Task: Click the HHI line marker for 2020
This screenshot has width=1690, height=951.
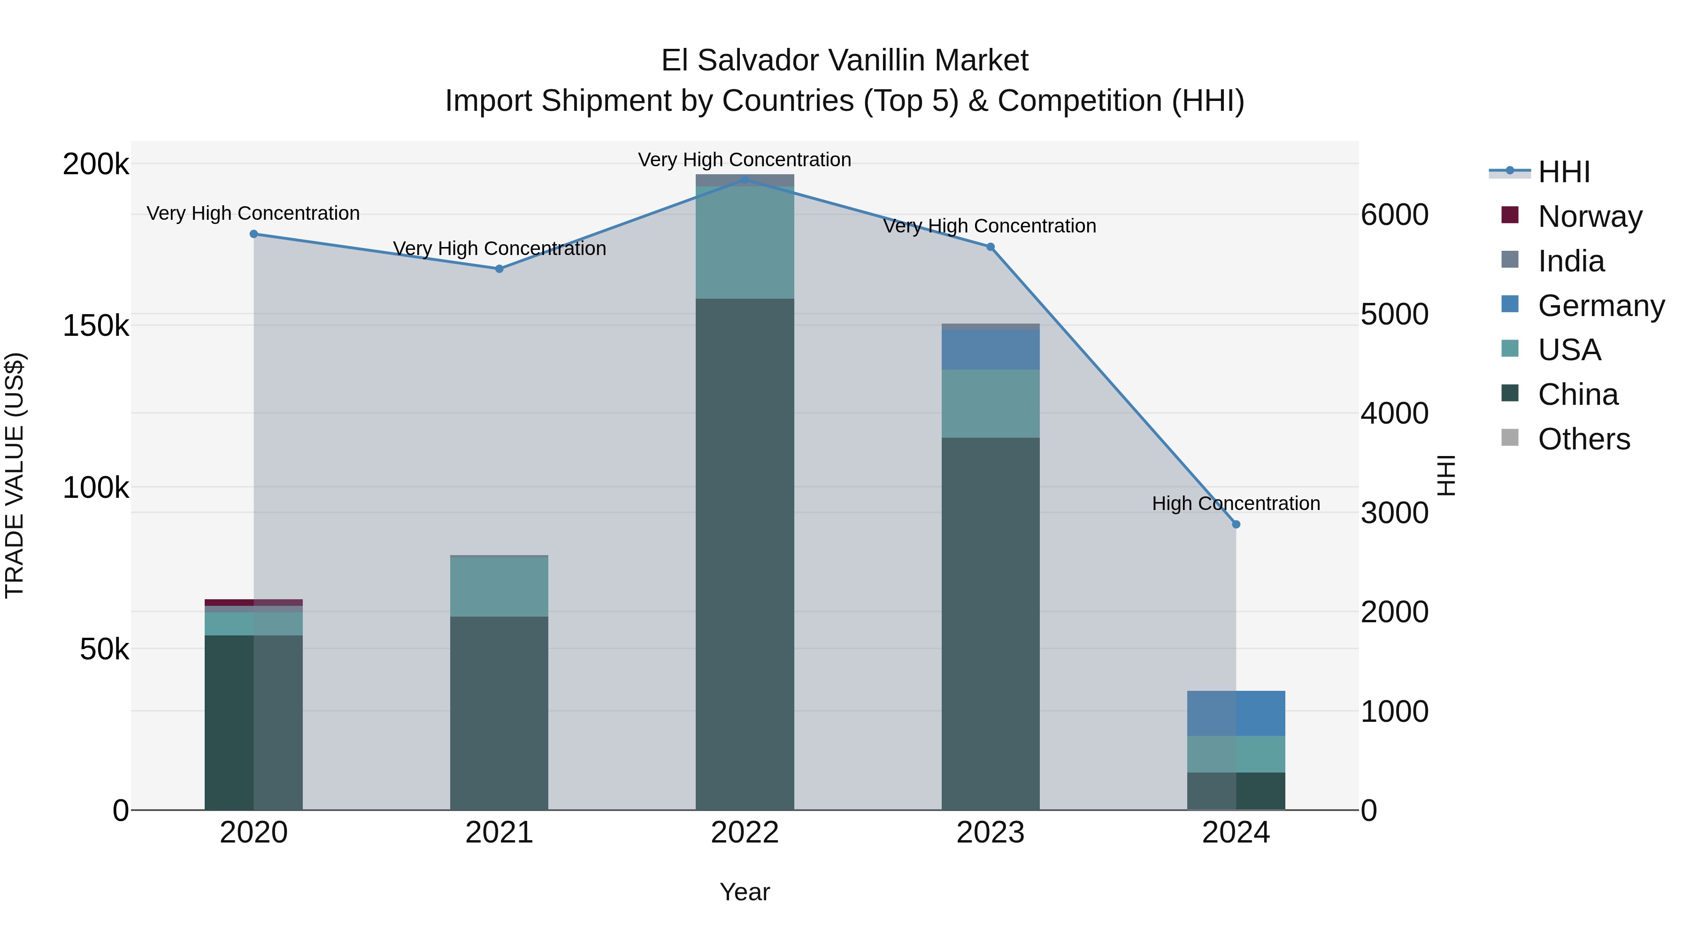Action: (254, 234)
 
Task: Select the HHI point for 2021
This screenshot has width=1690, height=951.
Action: (499, 269)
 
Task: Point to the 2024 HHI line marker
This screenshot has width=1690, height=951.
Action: (1236, 525)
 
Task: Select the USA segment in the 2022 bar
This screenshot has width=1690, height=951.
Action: (745, 243)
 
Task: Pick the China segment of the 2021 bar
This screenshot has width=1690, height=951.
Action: (499, 713)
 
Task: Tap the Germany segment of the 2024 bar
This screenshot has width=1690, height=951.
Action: (1236, 713)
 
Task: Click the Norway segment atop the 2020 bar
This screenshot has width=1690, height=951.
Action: (254, 603)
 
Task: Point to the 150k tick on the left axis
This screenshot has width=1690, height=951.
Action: (96, 325)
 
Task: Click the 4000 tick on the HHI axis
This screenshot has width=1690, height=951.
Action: (1395, 413)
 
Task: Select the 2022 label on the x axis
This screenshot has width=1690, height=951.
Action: (745, 833)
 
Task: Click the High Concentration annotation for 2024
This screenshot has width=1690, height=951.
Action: (1236, 503)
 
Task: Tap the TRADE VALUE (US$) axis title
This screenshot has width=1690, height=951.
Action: (15, 475)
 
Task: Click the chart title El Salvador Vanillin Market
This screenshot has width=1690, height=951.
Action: (845, 61)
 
